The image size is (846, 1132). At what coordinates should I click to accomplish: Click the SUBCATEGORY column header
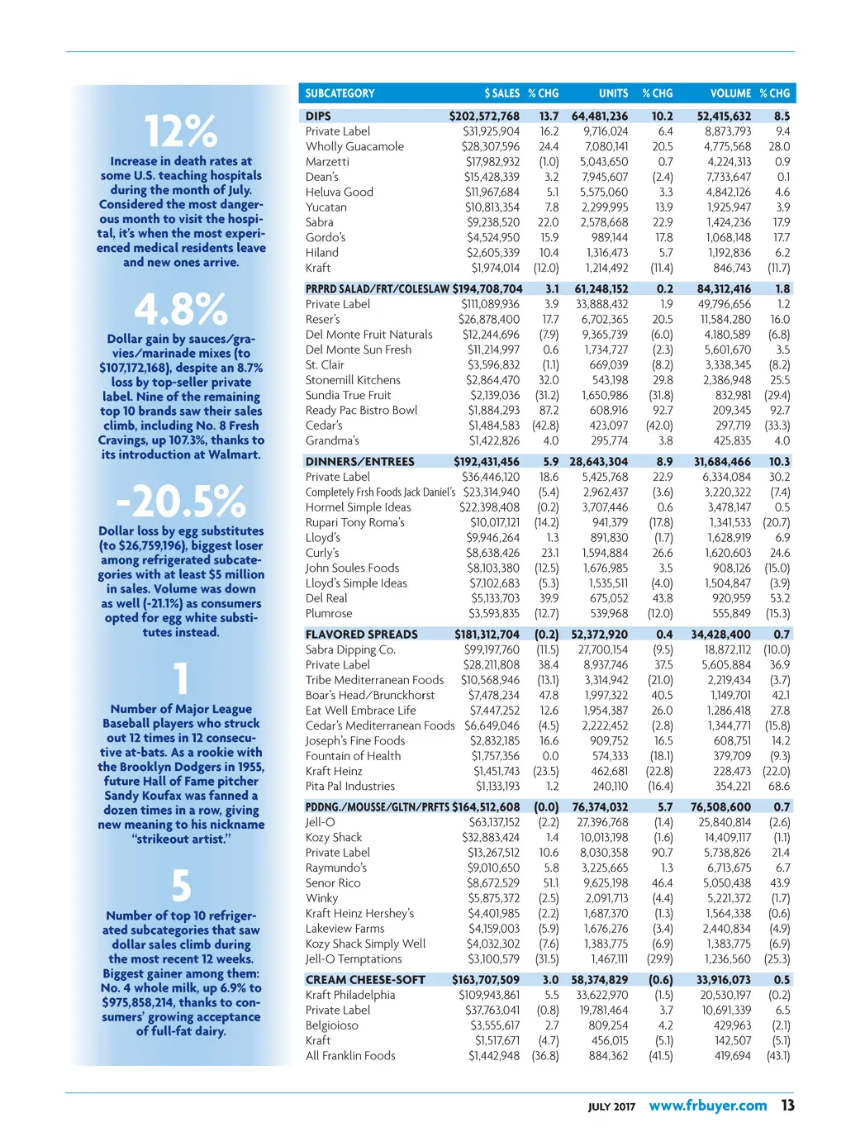click(x=340, y=93)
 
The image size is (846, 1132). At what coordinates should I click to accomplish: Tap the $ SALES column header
click(x=501, y=93)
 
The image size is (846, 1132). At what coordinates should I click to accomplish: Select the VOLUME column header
click(x=730, y=93)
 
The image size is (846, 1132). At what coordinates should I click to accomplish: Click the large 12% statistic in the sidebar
click(x=181, y=131)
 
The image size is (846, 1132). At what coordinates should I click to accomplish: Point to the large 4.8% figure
click(x=181, y=310)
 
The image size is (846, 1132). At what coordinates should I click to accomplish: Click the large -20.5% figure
click(x=181, y=501)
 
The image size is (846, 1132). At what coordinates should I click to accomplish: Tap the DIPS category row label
click(x=318, y=117)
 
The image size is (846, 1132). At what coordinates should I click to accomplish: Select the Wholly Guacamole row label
click(x=354, y=146)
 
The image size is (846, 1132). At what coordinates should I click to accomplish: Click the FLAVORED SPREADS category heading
click(x=361, y=635)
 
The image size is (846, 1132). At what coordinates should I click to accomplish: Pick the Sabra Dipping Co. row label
click(x=350, y=649)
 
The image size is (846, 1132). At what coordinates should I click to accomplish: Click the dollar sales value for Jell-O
click(x=494, y=822)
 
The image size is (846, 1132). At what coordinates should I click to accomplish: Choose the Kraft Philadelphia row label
click(x=350, y=995)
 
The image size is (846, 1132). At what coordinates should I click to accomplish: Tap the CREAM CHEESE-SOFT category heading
click(x=365, y=980)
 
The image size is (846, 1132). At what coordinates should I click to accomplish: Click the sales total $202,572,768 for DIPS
click(x=484, y=117)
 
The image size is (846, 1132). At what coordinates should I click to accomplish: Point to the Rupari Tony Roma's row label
click(x=355, y=522)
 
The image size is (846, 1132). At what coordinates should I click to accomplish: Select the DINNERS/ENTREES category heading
click(x=359, y=462)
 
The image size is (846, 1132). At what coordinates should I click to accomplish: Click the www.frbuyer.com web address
click(x=708, y=1106)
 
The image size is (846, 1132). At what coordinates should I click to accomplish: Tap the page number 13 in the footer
click(x=787, y=1106)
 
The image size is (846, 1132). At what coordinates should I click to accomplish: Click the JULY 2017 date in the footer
click(x=611, y=1107)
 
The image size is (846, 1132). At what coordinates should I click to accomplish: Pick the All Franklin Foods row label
click(x=350, y=1055)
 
